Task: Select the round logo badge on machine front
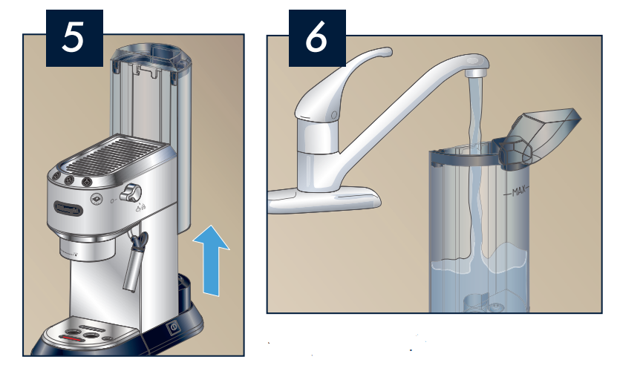(x=96, y=198)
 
